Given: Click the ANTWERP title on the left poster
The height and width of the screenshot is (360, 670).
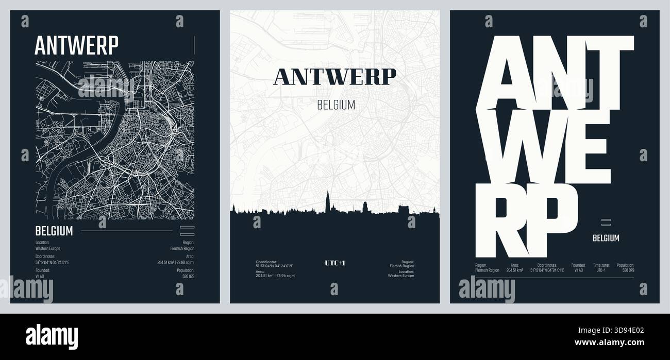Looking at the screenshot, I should point(76,45).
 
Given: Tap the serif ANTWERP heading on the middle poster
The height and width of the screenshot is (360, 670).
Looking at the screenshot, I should point(335,76).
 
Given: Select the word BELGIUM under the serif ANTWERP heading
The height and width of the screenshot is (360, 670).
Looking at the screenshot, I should point(336,105).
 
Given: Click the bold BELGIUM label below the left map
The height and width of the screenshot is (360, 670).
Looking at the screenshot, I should point(54,231).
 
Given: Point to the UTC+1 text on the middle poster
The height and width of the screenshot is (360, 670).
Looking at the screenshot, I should point(335,263).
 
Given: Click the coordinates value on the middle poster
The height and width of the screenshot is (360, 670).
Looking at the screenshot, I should point(274,266).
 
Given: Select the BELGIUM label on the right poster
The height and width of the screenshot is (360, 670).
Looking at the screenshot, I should point(606,238).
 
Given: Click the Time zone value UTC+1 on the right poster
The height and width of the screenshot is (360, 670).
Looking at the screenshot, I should point(600,270).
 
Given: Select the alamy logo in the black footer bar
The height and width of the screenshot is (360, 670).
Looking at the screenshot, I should point(52,335).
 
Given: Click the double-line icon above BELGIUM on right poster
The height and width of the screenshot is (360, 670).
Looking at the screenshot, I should point(606,222).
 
